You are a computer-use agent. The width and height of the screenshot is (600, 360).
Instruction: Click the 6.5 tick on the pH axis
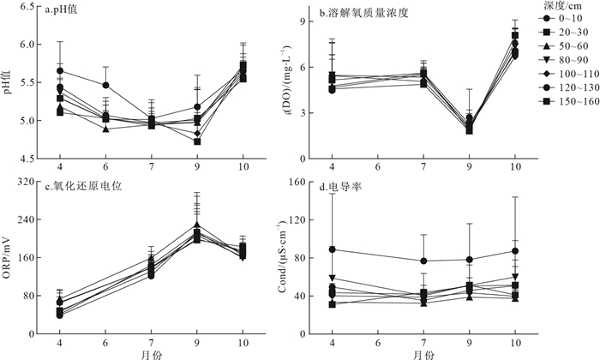29,7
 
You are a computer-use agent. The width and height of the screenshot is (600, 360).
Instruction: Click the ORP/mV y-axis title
9,257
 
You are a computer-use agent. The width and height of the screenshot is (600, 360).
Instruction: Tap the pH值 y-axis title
9,83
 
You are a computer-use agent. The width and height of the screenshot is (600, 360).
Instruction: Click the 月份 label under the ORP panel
150,352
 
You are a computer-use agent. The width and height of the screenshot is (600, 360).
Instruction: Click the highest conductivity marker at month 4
332,249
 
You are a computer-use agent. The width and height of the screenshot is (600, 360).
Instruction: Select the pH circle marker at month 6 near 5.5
105,85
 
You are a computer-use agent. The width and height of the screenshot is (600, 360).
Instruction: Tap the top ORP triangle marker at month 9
196,225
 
